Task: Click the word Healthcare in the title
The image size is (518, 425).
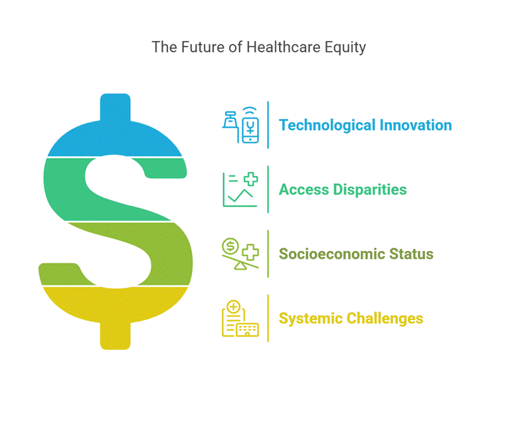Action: [284, 47]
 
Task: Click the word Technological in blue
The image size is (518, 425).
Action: [327, 126]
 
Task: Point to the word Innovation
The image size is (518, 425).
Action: [416, 125]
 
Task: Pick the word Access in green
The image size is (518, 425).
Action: [304, 189]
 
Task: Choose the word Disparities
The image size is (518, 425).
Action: [370, 190]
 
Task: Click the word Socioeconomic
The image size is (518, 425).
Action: [332, 254]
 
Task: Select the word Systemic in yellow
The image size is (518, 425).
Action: [311, 319]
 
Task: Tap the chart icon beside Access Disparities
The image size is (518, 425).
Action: [240, 189]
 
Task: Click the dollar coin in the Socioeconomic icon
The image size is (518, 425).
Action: [230, 246]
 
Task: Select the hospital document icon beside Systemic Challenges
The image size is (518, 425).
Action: [240, 319]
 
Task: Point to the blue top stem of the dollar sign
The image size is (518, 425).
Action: [116, 108]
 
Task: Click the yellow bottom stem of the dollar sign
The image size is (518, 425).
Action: [116, 335]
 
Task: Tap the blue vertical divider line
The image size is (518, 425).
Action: [268, 125]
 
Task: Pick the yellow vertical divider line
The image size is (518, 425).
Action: [268, 318]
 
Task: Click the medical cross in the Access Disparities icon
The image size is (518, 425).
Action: [251, 179]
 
